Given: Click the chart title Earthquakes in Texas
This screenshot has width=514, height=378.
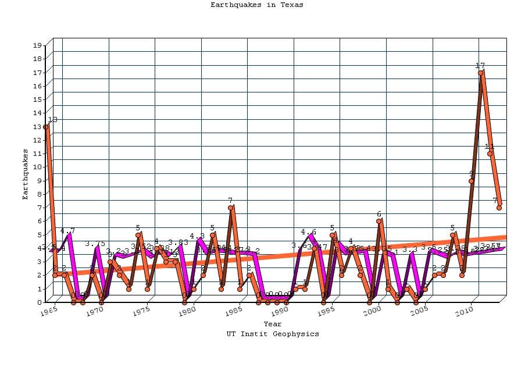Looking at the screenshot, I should tap(256, 5).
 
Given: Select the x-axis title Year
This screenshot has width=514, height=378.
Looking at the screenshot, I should tap(272, 324).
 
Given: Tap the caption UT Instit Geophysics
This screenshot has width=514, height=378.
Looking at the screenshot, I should tap(273, 334).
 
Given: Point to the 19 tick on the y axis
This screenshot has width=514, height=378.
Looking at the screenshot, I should tap(37, 45).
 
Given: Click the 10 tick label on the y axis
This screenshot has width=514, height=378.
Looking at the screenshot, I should tap(37, 167).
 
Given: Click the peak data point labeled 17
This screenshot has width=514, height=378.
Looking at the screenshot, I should tap(481, 73).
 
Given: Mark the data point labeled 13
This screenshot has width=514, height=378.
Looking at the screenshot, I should tap(45, 127).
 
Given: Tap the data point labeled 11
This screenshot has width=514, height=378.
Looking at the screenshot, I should tap(490, 154).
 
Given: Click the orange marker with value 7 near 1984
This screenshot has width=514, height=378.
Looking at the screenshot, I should tap(230, 208).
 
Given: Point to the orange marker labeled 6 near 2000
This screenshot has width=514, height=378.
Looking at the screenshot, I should tap(379, 221).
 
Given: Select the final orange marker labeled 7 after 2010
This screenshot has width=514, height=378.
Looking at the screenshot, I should tap(499, 208).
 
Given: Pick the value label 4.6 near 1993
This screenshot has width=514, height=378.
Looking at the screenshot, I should tap(309, 232).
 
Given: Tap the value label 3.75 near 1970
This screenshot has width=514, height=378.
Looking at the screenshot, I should tap(95, 244).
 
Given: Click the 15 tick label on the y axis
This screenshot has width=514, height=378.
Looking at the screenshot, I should tap(37, 99).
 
